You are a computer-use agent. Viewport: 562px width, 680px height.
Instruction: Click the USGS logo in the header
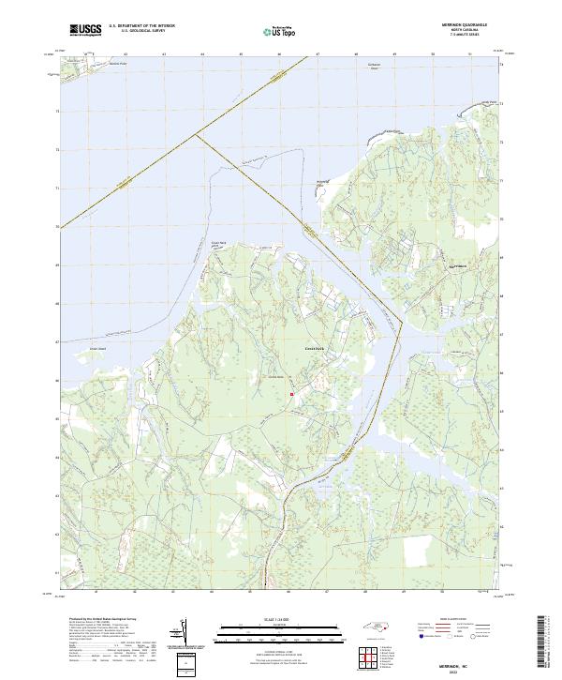[x=85, y=30]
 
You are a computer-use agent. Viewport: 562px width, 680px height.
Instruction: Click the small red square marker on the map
[x=292, y=395]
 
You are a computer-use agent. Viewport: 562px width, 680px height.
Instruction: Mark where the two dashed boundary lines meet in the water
[x=195, y=134]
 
